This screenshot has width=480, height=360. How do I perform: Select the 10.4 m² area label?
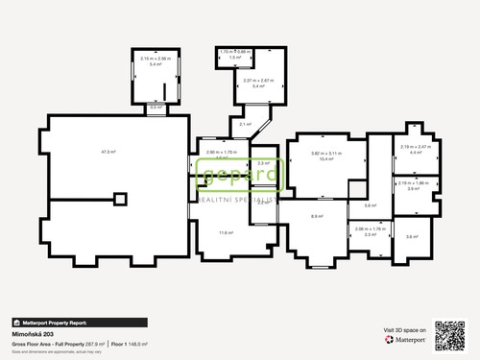328,159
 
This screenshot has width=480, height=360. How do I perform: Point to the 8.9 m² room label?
316,217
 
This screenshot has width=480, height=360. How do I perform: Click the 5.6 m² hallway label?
370,205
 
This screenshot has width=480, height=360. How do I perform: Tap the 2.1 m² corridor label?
244,124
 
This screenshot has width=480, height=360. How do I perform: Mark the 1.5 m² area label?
234,58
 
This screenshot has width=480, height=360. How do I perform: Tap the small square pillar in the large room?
119,199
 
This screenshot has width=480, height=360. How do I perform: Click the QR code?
450,334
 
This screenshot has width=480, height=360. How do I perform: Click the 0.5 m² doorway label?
155,108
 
